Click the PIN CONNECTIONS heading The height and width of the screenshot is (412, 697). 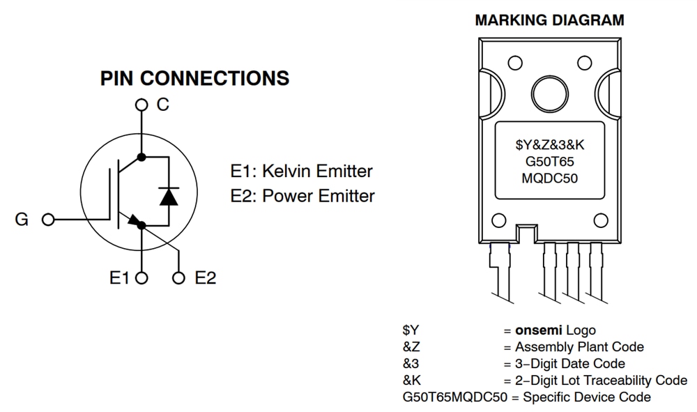click(x=194, y=78)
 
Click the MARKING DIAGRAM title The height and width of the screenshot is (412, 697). click(x=549, y=20)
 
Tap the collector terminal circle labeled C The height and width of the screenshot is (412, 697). click(x=141, y=105)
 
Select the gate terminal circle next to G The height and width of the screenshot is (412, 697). click(x=48, y=220)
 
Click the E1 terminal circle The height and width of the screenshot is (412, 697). click(x=141, y=278)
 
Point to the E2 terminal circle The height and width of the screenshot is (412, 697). click(x=179, y=278)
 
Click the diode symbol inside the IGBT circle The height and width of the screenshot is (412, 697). click(x=167, y=196)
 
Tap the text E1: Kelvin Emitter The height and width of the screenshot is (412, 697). click(x=301, y=171)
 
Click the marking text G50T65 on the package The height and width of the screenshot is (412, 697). click(x=550, y=162)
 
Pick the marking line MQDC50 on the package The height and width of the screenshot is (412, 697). click(x=550, y=178)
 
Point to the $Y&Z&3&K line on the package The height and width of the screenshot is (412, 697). click(x=550, y=146)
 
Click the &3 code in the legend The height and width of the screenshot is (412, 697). click(x=411, y=363)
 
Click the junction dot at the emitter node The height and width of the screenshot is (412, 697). click(x=141, y=224)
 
